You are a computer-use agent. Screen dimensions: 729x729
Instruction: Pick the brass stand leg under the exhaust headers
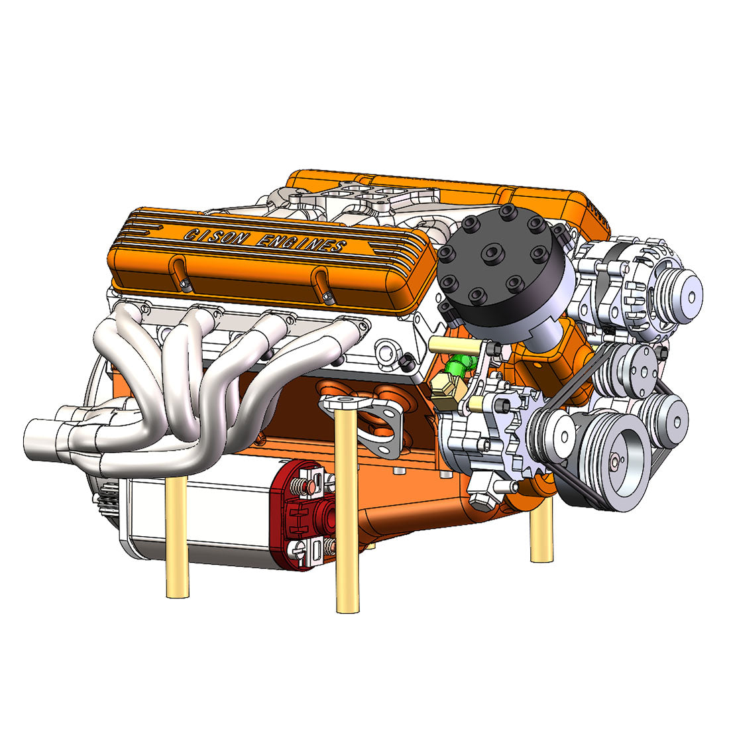[x=177, y=530]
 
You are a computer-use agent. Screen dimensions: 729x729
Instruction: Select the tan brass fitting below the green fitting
[x=444, y=387]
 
